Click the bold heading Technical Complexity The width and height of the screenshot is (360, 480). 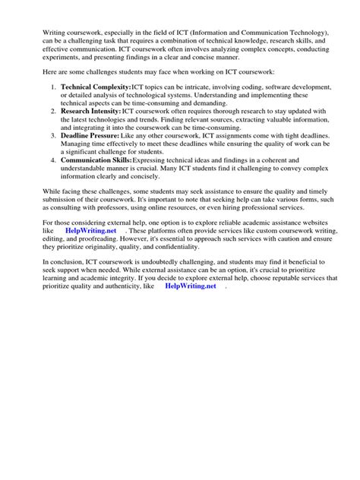(96, 88)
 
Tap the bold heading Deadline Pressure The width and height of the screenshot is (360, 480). (90, 135)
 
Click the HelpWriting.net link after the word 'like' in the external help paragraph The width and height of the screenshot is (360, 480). (90, 229)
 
